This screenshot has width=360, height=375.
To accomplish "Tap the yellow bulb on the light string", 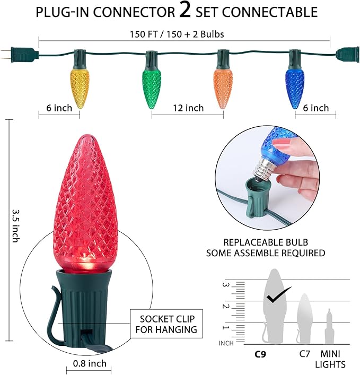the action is point(80,89).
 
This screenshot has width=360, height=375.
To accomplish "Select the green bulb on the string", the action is point(151,89).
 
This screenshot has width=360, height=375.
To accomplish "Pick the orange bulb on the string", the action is point(223,89).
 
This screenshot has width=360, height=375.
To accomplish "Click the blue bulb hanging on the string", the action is point(294,89).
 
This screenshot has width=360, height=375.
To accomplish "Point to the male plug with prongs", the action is point(20,55).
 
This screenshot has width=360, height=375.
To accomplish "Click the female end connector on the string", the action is point(348,55).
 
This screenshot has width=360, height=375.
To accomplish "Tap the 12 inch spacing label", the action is point(188,108).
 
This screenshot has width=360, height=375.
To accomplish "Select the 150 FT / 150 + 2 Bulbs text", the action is point(177,34).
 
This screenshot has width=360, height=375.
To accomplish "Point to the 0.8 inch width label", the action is point(90,363).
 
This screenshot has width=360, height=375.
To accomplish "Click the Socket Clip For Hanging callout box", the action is point(166,324).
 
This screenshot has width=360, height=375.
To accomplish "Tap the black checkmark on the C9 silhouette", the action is point(278,295).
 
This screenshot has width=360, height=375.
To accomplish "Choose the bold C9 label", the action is point(260,354).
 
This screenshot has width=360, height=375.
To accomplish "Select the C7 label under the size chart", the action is point(304,354).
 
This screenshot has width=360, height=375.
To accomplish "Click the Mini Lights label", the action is point(330,359).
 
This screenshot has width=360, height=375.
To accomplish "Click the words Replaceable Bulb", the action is point(266,242).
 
